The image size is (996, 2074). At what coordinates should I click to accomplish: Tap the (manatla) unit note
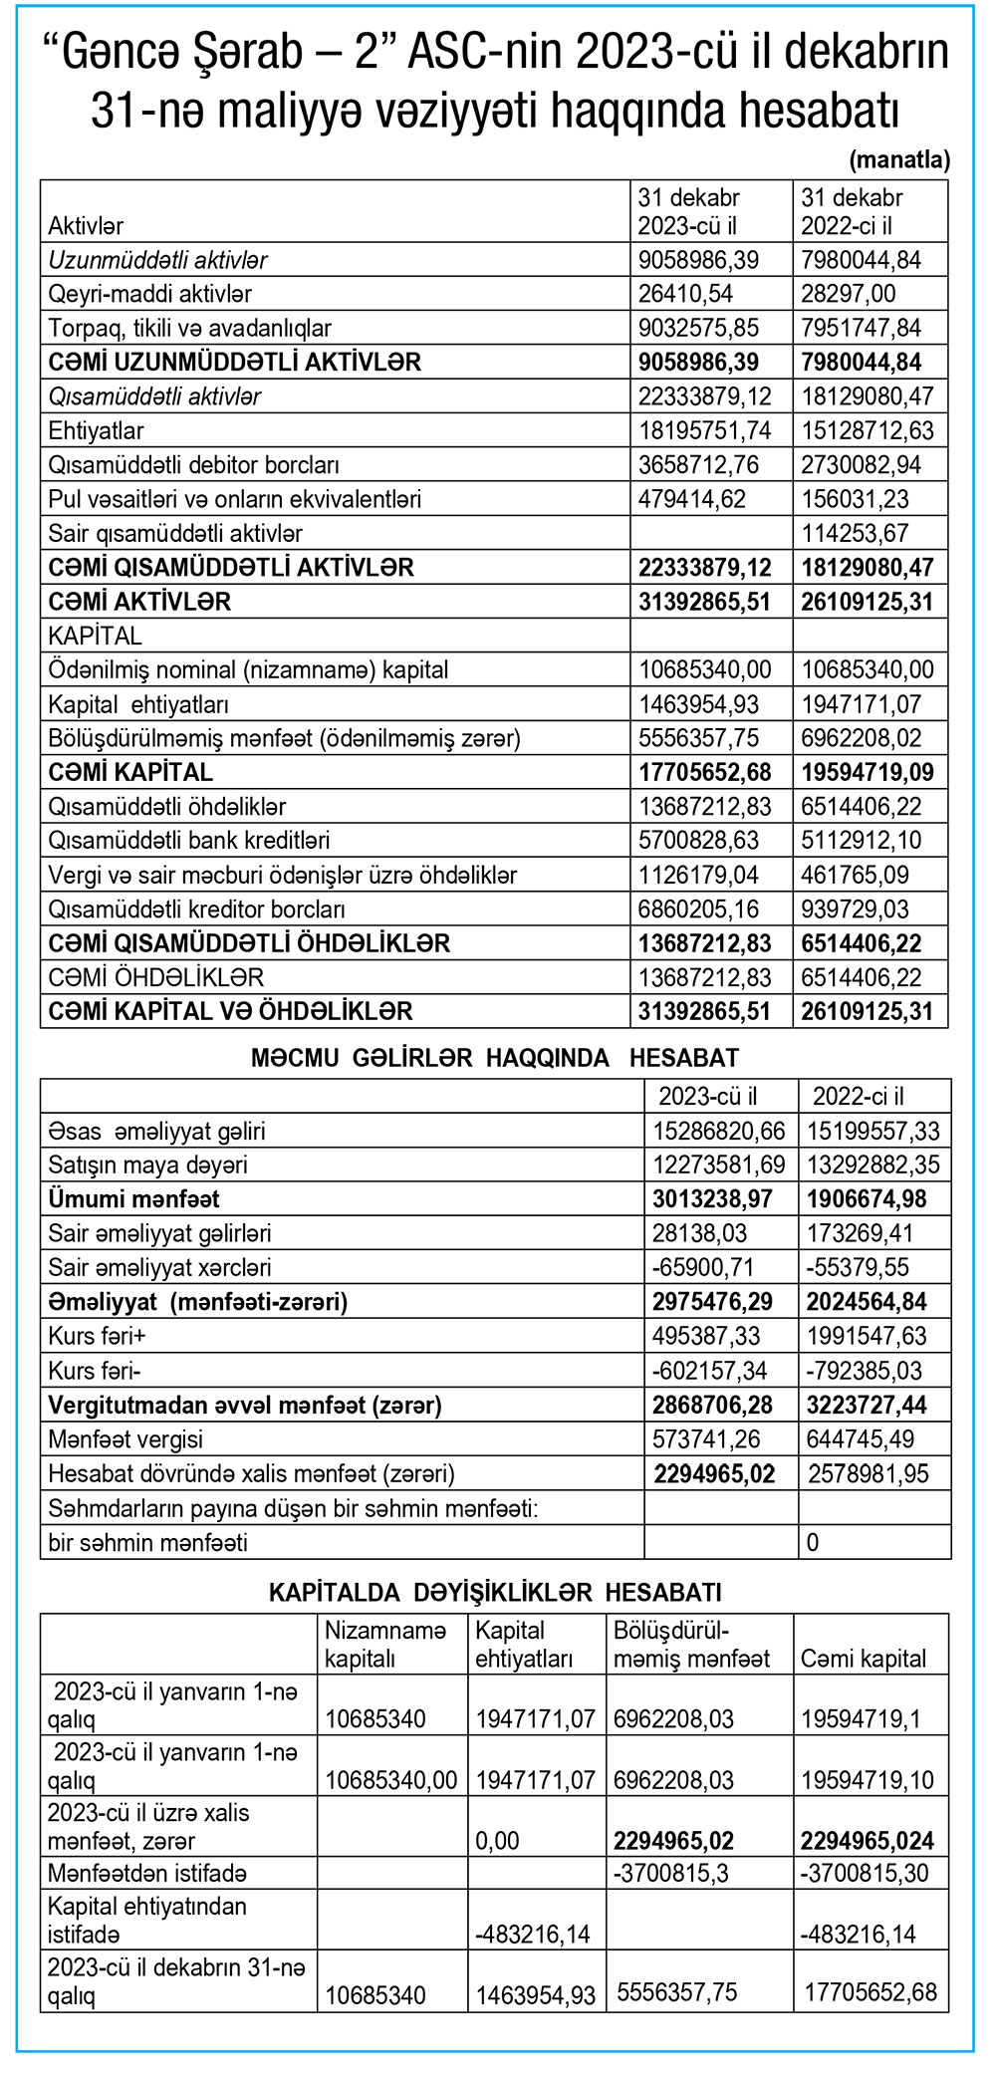898,160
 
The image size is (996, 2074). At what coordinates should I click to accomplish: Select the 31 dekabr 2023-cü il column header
688,211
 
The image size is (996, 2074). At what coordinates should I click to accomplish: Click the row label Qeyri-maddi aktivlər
149,294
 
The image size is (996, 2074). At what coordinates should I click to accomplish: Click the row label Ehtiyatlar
96,430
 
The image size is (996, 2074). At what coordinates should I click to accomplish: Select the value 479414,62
692,499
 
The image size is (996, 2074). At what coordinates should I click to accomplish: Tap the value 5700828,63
698,840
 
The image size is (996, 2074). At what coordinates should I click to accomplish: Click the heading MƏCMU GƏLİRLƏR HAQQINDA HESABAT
495,1058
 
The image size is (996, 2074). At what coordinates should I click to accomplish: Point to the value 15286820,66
719,1131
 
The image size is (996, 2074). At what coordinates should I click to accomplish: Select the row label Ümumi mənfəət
133,1198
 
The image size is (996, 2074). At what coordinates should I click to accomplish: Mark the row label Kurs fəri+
97,1336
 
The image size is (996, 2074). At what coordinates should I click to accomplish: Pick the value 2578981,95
868,1473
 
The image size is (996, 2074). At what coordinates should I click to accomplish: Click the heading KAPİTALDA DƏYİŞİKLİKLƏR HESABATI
495,1592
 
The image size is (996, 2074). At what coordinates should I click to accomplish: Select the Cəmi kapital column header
863,1658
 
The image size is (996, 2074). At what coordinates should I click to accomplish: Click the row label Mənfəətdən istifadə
146,1873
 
